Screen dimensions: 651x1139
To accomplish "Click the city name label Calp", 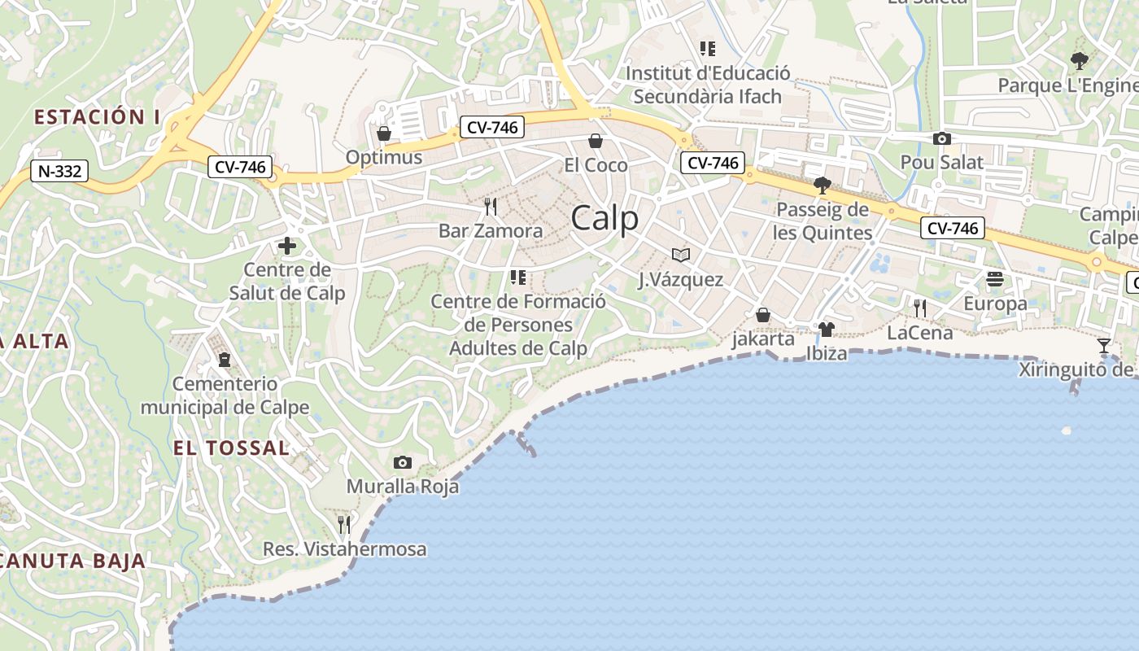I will click(604, 219).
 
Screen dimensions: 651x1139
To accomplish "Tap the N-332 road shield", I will click(59, 171).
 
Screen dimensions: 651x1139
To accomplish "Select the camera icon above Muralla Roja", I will click(402, 463).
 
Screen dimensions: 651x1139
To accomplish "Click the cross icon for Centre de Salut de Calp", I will click(286, 245).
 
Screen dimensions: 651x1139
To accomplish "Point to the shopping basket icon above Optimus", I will click(383, 133).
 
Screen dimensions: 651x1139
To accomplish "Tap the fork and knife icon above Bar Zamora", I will click(490, 206).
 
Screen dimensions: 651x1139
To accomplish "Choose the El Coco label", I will click(596, 165).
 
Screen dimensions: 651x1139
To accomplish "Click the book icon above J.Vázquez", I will click(681, 256).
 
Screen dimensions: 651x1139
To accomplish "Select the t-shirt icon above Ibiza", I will click(827, 330).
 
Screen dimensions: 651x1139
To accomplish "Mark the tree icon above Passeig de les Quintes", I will click(822, 186).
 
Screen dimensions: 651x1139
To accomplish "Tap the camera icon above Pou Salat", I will click(941, 138).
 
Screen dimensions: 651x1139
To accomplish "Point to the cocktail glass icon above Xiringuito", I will click(1103, 346).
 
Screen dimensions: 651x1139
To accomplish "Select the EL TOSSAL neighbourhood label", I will click(231, 448).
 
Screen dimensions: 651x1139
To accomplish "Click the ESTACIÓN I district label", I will click(97, 117).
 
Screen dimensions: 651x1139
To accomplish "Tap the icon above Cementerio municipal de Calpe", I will click(225, 359).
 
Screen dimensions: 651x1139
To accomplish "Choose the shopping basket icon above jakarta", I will click(763, 315).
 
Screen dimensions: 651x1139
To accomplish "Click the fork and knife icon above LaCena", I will click(919, 308).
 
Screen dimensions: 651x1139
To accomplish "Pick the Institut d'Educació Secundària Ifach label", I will click(707, 85).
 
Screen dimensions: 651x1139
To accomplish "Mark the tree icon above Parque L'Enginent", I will click(1079, 60).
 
